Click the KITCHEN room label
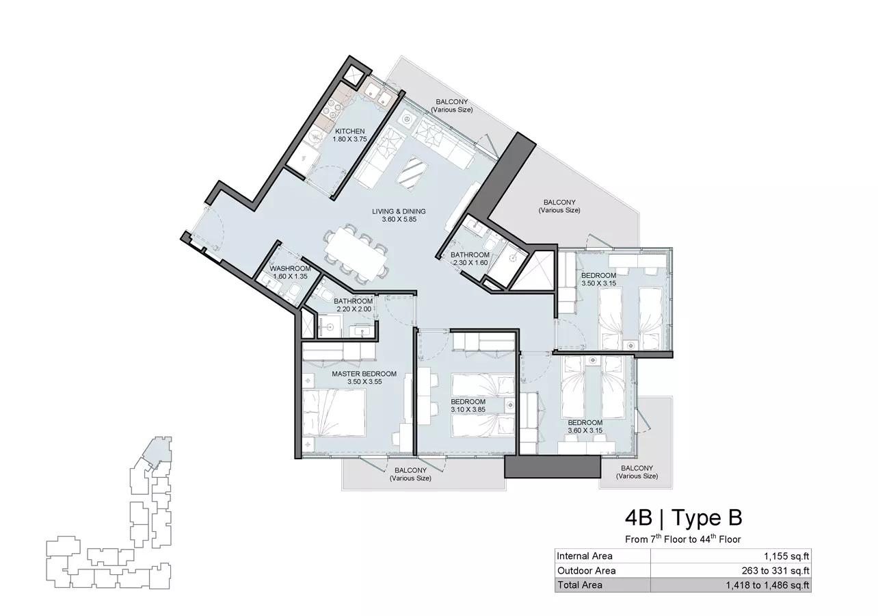349,131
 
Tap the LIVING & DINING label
399,211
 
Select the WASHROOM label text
290,268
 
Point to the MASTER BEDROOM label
364,374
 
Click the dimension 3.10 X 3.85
468,409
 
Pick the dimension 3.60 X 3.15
585,431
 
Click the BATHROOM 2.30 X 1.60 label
470,259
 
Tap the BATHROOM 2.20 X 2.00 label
353,305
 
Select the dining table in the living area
356,253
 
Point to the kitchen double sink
376,92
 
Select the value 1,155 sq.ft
786,556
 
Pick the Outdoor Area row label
586,571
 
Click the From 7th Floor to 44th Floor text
683,539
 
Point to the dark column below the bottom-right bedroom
552,467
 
